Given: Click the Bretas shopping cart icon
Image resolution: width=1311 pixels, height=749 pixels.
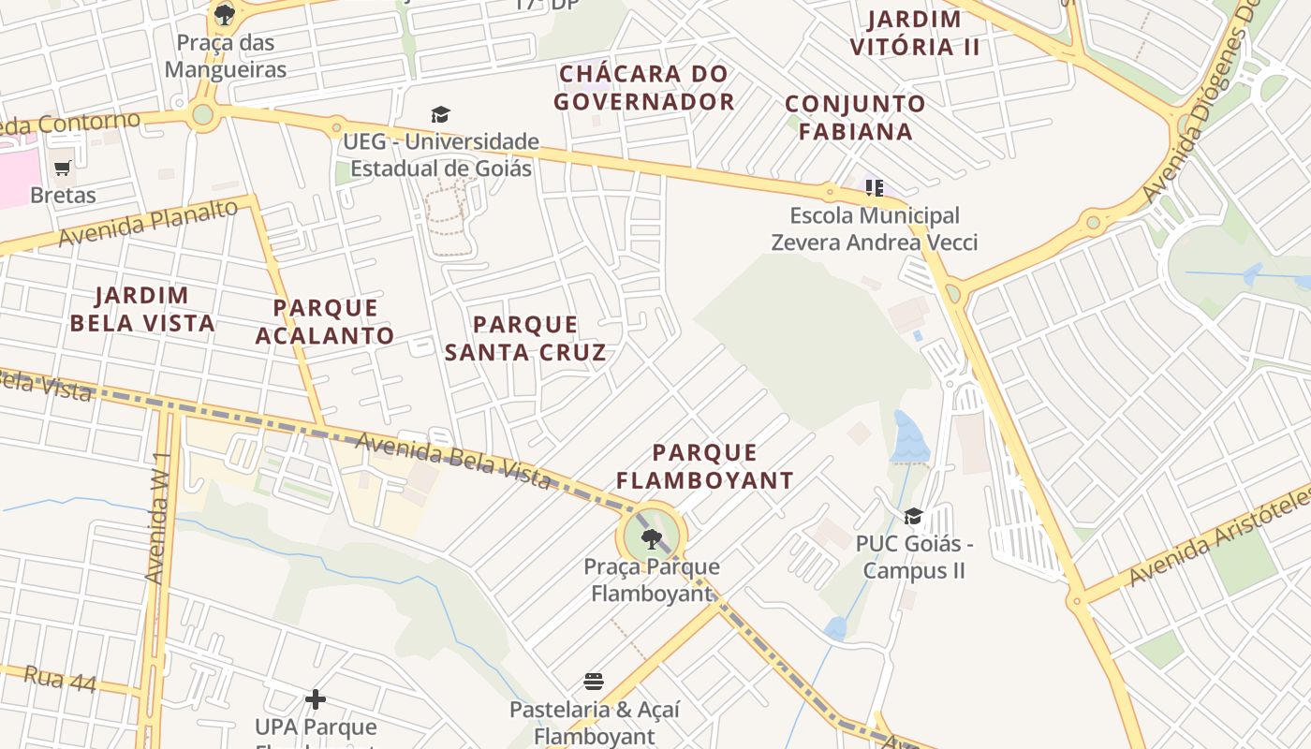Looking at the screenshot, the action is tap(63, 169).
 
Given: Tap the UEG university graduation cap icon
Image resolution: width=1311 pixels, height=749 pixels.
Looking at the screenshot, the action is tap(440, 115).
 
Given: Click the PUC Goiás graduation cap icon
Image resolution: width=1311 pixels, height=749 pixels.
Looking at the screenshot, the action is tap(913, 517).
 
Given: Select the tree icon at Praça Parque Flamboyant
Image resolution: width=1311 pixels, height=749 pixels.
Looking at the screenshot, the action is tap(651, 539).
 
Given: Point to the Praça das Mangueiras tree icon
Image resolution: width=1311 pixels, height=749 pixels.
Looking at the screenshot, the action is tap(224, 14).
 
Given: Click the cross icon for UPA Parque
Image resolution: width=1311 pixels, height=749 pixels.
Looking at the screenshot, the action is tap(316, 699).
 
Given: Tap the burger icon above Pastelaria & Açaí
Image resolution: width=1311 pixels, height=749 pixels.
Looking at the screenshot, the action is tap(594, 681).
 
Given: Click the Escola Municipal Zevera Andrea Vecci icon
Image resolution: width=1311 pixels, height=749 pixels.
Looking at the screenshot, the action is tap(875, 188).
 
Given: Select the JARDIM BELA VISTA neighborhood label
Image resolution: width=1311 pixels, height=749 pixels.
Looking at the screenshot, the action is tap(142, 310).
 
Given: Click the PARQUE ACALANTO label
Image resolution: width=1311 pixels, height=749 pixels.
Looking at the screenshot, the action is tap(325, 321).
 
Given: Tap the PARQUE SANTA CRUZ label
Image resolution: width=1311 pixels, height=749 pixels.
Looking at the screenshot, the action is tap(525, 338).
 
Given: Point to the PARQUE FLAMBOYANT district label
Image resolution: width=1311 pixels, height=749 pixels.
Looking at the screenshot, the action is tap(705, 466).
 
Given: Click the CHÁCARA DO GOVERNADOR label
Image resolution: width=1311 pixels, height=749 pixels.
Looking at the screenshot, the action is tap(643, 87).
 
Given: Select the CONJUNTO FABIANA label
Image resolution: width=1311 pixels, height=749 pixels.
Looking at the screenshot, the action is tap(855, 117).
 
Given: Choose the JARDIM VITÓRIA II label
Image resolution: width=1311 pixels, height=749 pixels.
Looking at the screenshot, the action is tap(914, 33).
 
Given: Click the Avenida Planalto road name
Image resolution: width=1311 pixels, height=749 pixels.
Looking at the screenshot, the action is tap(148, 223).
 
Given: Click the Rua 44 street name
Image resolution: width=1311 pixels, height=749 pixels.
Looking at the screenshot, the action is tap(60, 679).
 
